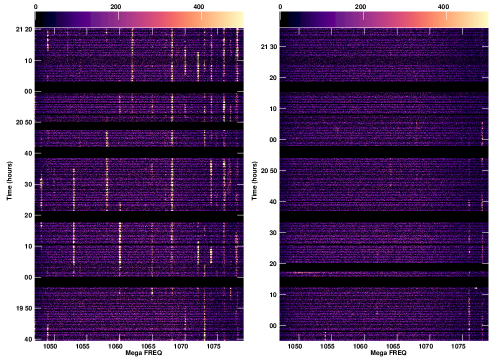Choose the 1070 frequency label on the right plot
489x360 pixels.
[x=425, y=346]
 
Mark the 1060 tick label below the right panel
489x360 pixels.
[x=360, y=346]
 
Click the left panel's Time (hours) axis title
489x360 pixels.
[x=9, y=180]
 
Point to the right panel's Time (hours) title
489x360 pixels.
[x=254, y=180]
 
